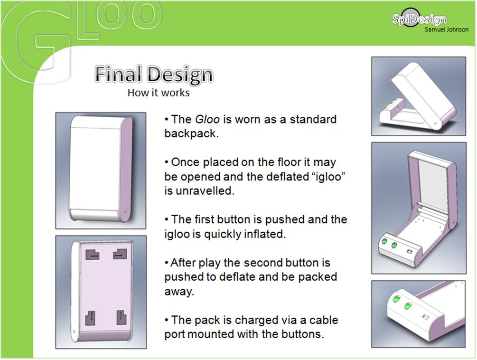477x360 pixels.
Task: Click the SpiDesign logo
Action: coord(419,19)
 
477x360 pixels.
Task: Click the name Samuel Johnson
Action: coord(446,29)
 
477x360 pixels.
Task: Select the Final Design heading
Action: coord(154,75)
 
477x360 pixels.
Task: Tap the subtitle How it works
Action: coord(158,93)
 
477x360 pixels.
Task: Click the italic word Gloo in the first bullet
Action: coord(207,119)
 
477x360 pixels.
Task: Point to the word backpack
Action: coord(191,133)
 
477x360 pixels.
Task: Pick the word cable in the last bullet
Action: coord(324,320)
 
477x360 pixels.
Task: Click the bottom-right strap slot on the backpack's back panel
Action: coord(122,317)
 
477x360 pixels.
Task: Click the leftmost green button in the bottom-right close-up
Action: coord(396,299)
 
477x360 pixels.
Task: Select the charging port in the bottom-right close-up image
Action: coord(425,317)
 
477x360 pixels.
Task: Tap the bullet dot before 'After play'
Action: coord(167,262)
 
